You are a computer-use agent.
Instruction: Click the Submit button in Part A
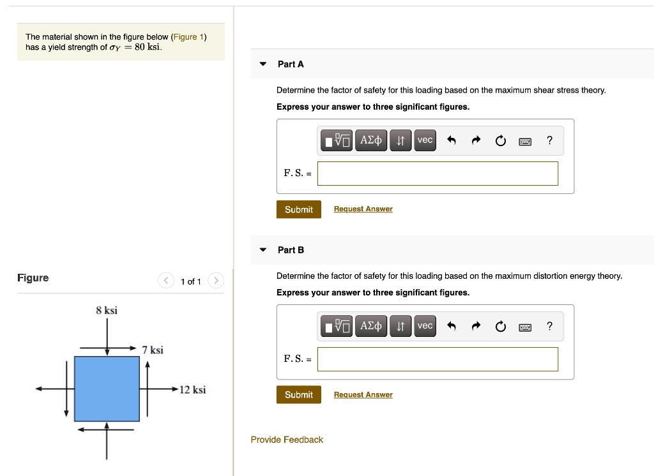click(298, 209)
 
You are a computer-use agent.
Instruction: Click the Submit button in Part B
click(298, 395)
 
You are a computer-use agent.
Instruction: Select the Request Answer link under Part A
click(363, 209)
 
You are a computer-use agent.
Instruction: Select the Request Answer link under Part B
click(363, 395)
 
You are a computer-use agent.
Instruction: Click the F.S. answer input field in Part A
click(437, 174)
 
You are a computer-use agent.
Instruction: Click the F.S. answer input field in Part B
click(437, 359)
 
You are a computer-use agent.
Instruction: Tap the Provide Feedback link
click(287, 440)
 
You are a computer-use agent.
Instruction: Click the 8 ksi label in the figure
click(107, 311)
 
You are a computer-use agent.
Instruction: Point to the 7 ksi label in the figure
click(153, 350)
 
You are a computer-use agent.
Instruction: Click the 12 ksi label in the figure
click(192, 390)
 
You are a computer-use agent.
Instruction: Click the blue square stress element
click(107, 389)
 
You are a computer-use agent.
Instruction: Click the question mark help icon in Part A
click(550, 140)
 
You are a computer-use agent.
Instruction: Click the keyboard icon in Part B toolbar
click(525, 327)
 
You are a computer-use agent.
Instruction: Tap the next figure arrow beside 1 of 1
click(216, 281)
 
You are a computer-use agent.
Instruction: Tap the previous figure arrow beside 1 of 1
click(166, 281)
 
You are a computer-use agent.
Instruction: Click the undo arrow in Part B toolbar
click(452, 327)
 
